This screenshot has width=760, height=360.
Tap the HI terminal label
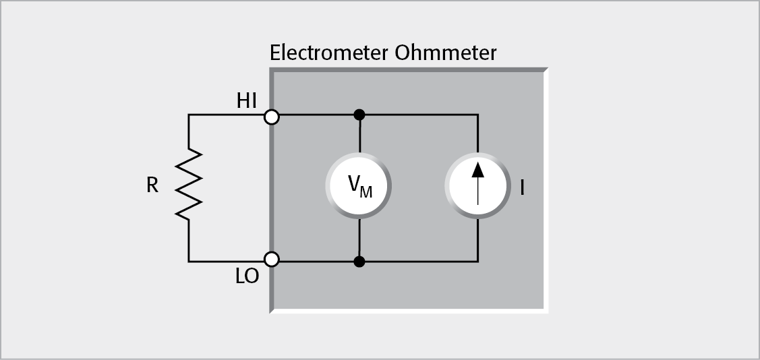pos(247,101)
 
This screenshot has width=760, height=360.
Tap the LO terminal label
pos(247,276)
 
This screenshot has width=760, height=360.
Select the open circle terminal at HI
pos(272,117)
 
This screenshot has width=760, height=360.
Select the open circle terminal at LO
pos(272,259)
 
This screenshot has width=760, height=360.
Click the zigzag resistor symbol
pos(189,184)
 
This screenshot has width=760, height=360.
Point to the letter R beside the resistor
pos(152,185)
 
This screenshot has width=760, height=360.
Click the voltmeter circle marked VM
pos(359,186)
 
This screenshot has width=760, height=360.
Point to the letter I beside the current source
pos(522,187)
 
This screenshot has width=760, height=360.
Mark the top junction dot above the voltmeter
pos(360,115)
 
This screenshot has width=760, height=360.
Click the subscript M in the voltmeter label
pos(366,192)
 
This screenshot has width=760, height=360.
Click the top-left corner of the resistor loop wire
pos(189,115)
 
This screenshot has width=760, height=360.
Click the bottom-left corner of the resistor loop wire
pos(189,261)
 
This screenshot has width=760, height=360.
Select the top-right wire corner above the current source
pos(478,115)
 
